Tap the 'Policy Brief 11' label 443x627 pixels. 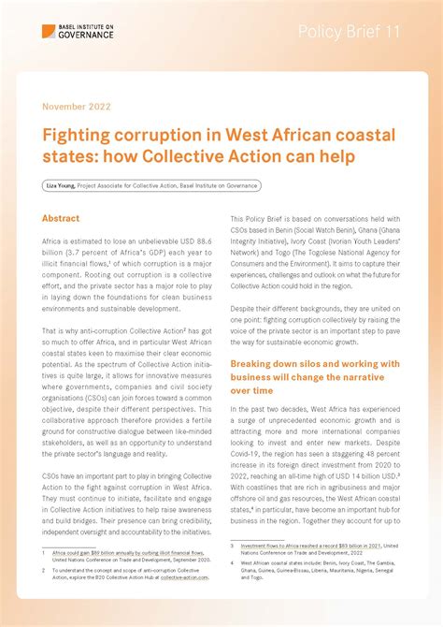pyautogui.click(x=349, y=32)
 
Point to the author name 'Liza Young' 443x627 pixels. pyautogui.click(x=61, y=186)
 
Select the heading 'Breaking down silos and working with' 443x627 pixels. pyautogui.click(x=315, y=363)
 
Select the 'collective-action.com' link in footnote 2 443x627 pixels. pyautogui.click(x=184, y=577)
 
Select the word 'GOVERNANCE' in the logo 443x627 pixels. pyautogui.click(x=85, y=36)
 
